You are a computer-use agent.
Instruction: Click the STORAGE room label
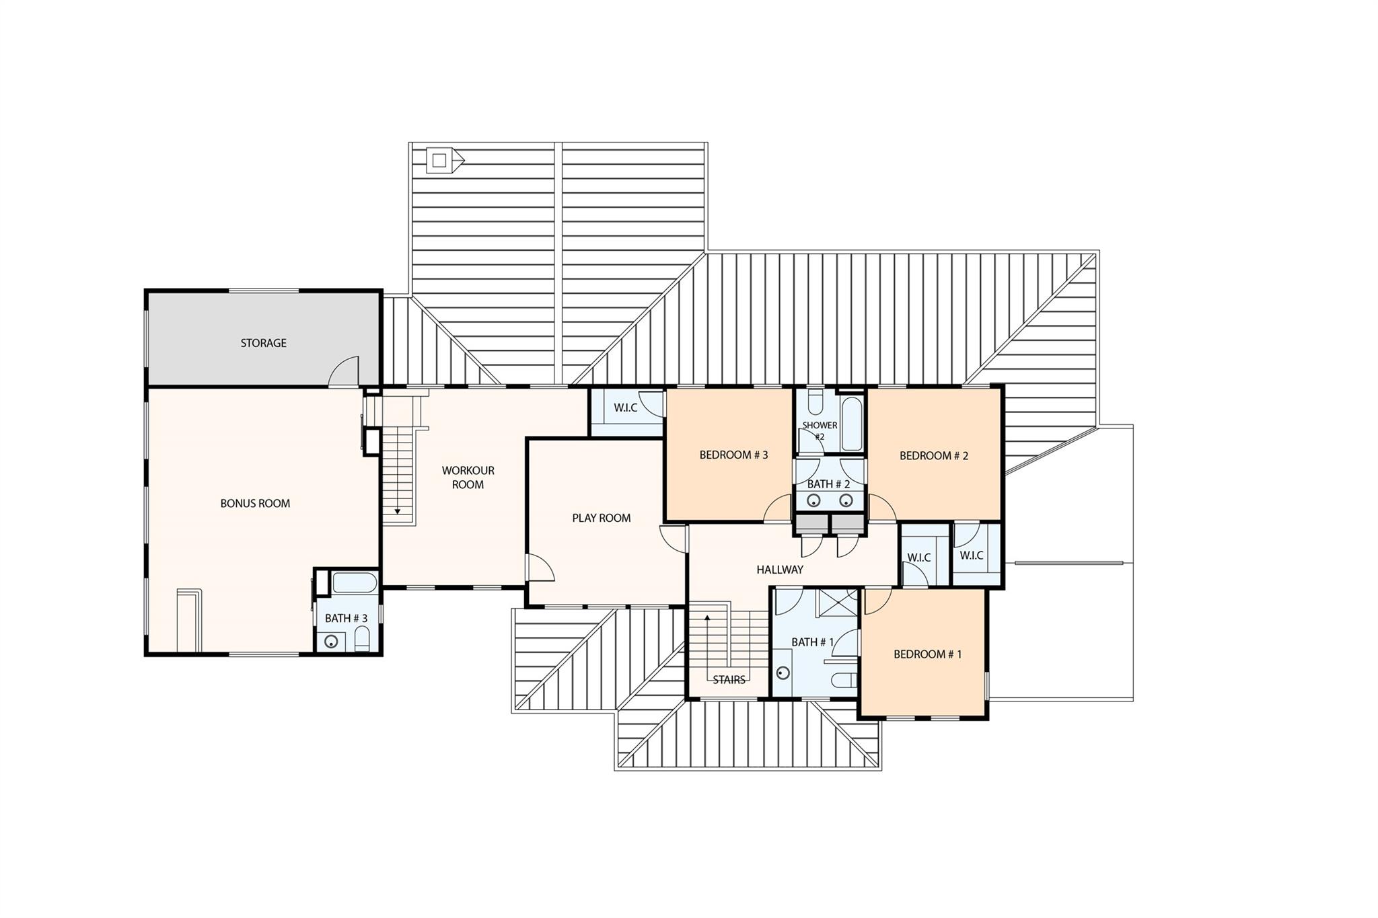pos(263,343)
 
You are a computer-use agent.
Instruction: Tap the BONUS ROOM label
pos(255,503)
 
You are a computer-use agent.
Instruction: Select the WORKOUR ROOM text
pos(468,477)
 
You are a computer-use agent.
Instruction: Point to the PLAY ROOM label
pos(601,518)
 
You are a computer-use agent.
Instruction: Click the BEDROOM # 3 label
pos(733,455)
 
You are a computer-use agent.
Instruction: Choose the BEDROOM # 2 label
pos(934,455)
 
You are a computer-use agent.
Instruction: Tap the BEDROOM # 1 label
pos(927,654)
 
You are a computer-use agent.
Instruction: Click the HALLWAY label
pos(779,570)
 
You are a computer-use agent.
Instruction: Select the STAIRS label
pos(729,680)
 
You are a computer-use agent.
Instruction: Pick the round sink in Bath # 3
pos(331,642)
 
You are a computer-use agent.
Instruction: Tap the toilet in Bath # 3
pos(362,640)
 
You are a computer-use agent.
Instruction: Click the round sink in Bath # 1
pos(783,673)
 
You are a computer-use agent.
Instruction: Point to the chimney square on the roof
pos(439,160)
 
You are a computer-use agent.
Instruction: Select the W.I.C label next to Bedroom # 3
pos(625,408)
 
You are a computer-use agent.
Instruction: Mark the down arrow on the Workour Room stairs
pos(398,512)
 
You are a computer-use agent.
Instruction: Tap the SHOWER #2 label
pos(820,430)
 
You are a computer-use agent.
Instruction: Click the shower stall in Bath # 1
pos(836,603)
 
